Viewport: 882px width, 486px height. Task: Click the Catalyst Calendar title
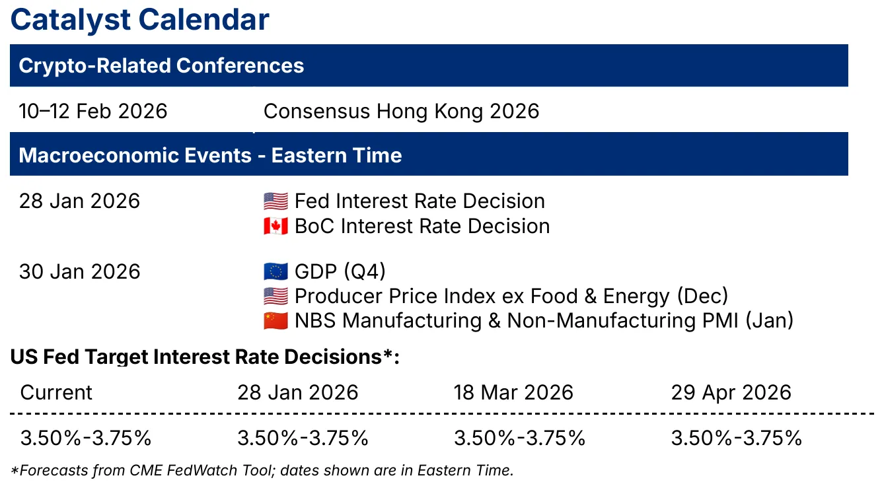tap(139, 20)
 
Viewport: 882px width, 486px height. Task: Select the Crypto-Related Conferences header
tap(161, 65)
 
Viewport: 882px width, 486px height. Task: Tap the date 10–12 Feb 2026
tap(93, 111)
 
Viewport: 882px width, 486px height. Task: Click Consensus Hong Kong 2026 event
tap(401, 111)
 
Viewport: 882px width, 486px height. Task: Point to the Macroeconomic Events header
tap(210, 155)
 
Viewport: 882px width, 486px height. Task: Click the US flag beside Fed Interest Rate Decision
tap(276, 201)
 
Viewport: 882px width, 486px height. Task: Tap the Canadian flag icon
tap(276, 226)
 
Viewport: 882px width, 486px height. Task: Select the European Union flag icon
tap(276, 271)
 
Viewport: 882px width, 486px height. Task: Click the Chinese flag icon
tap(276, 321)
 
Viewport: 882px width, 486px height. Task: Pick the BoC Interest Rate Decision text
tap(422, 226)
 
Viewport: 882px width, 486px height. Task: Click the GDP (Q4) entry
tap(340, 271)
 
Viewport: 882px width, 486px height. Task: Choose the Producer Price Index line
tap(511, 296)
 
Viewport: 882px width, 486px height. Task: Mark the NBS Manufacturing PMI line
tap(544, 321)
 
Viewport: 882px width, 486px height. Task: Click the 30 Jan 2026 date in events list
tap(80, 271)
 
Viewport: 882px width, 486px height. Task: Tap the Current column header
tap(57, 392)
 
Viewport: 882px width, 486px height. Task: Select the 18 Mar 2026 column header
tap(513, 392)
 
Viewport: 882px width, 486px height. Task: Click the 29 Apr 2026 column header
tap(731, 392)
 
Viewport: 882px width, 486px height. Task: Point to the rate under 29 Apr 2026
tap(736, 438)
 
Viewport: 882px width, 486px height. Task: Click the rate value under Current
tap(86, 438)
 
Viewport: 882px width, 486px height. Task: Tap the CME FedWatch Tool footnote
tap(262, 471)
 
